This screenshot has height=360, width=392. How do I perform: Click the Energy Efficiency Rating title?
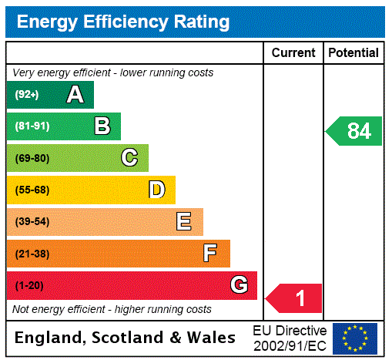122,22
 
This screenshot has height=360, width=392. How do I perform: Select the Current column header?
293,53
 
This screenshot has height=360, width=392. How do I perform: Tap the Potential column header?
353,53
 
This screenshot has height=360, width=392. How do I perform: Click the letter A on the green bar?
75,95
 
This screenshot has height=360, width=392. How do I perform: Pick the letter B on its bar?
102,126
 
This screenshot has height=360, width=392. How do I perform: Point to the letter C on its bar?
129,158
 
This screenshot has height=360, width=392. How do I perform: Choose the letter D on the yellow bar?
157,190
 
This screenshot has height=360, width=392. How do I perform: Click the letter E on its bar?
184,222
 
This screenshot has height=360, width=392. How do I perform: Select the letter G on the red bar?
239,285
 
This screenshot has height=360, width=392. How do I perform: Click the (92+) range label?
27,95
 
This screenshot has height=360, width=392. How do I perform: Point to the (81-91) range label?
32,126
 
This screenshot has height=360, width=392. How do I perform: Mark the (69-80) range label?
32,158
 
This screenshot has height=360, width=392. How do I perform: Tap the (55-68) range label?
32,190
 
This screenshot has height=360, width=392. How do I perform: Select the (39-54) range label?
32,222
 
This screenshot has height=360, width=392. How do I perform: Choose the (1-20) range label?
29,286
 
